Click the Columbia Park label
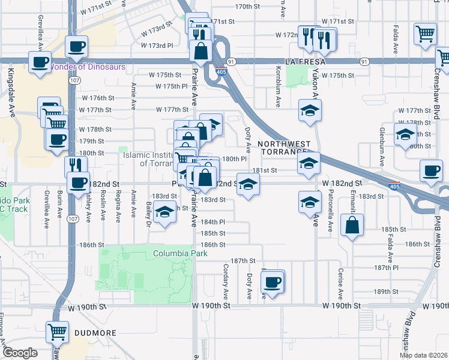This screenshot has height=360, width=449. (x=180, y=254)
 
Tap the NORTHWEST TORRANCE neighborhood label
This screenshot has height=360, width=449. (x=285, y=148)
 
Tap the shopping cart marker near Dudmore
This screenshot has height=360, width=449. (x=58, y=331)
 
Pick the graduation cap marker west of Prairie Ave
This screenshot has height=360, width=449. (x=164, y=212)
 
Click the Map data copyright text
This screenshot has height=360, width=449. (x=423, y=355)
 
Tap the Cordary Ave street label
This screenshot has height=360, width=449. (x=226, y=282)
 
